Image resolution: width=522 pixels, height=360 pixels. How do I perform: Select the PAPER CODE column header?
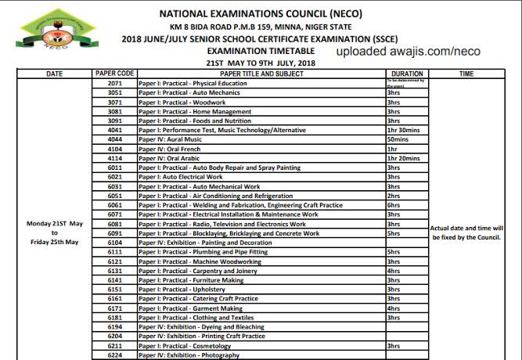click(x=114, y=74)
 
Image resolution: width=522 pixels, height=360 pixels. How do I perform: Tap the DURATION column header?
click(x=407, y=74)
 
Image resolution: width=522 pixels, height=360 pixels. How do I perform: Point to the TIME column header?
click(x=466, y=74)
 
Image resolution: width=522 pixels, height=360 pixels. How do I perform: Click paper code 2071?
click(x=114, y=83)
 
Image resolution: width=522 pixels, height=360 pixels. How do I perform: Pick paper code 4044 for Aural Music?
click(x=114, y=139)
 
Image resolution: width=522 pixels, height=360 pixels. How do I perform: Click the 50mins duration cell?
click(x=398, y=139)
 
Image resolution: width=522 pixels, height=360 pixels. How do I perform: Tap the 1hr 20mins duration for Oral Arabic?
click(x=403, y=158)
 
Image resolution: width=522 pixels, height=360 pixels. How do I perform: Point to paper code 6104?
click(x=114, y=243)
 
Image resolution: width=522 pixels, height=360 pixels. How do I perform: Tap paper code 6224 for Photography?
click(x=114, y=355)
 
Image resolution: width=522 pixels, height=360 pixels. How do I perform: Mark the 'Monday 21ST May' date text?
click(x=55, y=224)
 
